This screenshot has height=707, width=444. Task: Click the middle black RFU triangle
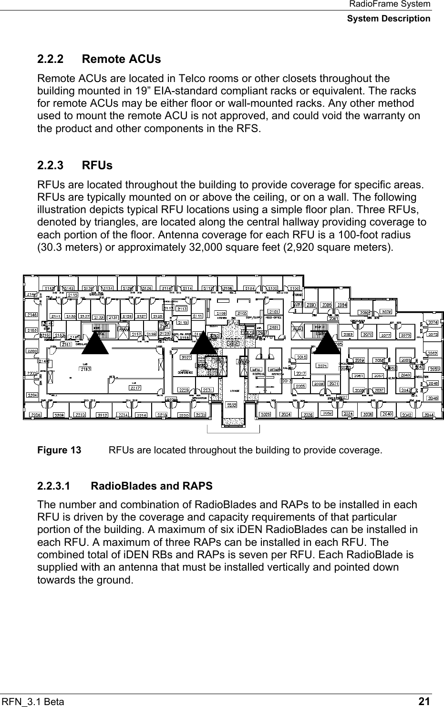point(203,342)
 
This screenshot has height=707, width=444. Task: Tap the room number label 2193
point(86,369)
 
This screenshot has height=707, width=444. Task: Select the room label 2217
point(135,387)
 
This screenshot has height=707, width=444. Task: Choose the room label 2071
point(322,366)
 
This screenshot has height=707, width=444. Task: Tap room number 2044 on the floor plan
point(428,415)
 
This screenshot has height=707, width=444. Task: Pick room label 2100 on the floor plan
point(294,288)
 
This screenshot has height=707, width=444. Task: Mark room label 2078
point(387,312)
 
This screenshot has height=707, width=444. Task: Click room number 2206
point(35,415)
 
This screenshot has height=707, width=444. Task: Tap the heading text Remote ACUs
point(121,60)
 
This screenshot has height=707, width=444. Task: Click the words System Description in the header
point(388,19)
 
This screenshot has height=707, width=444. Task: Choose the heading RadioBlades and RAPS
point(151,486)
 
